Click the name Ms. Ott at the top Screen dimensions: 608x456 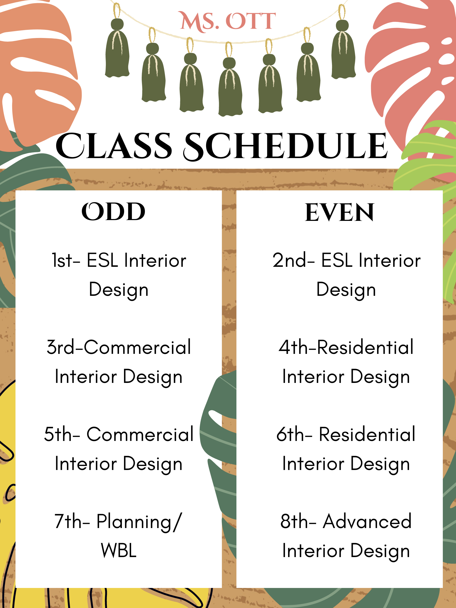click(x=227, y=21)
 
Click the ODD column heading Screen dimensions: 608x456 click(x=113, y=212)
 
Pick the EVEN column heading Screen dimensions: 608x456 click(x=339, y=212)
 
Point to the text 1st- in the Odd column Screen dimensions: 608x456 click(x=66, y=260)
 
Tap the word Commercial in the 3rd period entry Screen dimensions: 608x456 click(x=137, y=347)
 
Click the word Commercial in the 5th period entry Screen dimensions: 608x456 click(x=140, y=434)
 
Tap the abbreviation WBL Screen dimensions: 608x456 click(x=118, y=551)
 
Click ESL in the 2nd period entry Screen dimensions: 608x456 click(x=337, y=260)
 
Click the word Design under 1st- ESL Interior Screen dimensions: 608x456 click(x=118, y=290)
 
